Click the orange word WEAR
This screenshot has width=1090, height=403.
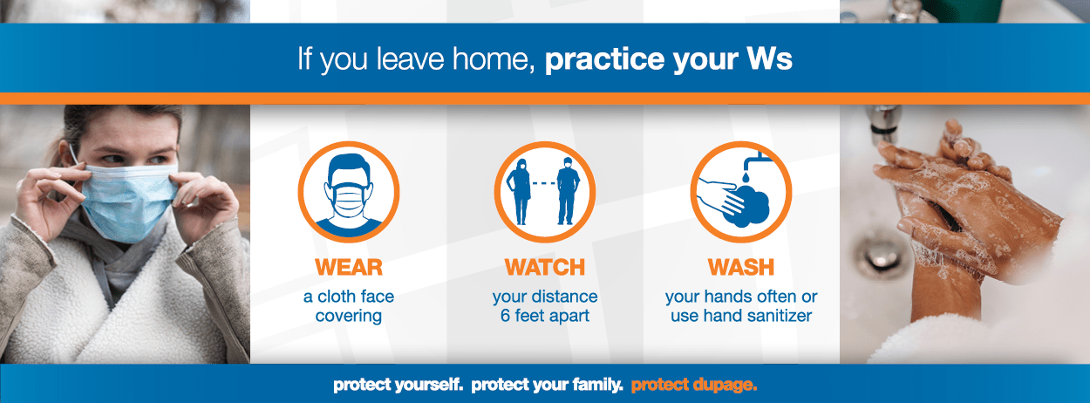pyautogui.click(x=349, y=267)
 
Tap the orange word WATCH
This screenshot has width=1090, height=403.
pyautogui.click(x=544, y=267)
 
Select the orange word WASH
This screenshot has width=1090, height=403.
pyautogui.click(x=740, y=267)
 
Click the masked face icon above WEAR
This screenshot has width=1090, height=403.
pyautogui.click(x=349, y=192)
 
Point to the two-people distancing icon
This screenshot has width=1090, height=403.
pyautogui.click(x=545, y=192)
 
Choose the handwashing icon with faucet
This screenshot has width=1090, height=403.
pyautogui.click(x=741, y=192)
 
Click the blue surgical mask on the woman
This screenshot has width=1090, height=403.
pyautogui.click(x=127, y=201)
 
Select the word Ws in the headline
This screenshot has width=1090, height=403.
pyautogui.click(x=769, y=59)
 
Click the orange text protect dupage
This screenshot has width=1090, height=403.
pyautogui.click(x=694, y=385)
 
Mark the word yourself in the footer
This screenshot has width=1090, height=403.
pyautogui.click(x=429, y=385)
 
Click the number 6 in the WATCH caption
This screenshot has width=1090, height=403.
pyautogui.click(x=505, y=316)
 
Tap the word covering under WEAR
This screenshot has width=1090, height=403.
pyautogui.click(x=349, y=317)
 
